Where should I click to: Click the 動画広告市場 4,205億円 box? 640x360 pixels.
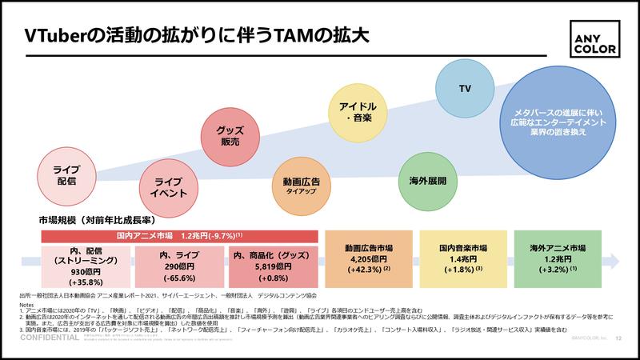coord(366,261)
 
